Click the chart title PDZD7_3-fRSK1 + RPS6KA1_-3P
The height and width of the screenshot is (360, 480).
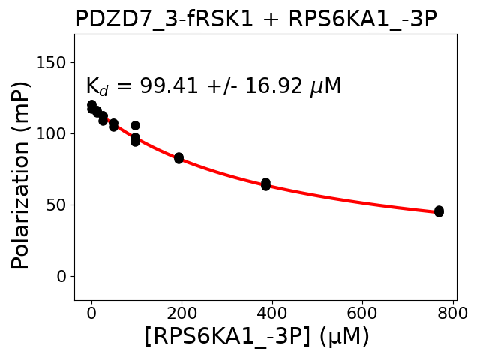point(256,18)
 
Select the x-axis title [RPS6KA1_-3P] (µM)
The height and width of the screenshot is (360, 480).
point(256,337)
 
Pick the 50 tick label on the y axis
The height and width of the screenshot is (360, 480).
point(58,205)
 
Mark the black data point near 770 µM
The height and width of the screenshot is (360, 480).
point(439,211)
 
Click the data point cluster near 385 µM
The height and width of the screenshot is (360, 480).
point(265,184)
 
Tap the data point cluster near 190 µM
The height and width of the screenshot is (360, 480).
point(178,157)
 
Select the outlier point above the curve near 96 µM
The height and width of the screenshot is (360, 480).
point(135,125)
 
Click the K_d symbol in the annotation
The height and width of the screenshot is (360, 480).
point(97,87)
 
